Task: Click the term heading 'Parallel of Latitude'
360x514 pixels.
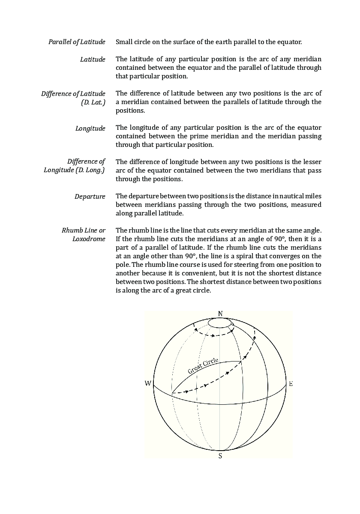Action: (x=77, y=42)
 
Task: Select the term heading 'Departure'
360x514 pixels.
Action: (x=90, y=197)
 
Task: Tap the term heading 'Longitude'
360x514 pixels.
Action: (x=90, y=128)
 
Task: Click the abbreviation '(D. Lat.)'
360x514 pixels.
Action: (x=93, y=102)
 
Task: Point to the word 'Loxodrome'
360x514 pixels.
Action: (x=88, y=239)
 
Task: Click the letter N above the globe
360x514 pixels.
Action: (x=220, y=314)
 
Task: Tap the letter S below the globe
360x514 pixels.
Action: (x=220, y=456)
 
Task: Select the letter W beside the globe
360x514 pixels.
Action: (x=148, y=383)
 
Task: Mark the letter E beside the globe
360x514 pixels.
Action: (x=291, y=383)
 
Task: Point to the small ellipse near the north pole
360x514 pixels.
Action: (x=220, y=323)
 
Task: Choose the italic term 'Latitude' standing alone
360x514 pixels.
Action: (x=93, y=60)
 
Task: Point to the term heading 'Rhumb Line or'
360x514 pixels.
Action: (x=84, y=230)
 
